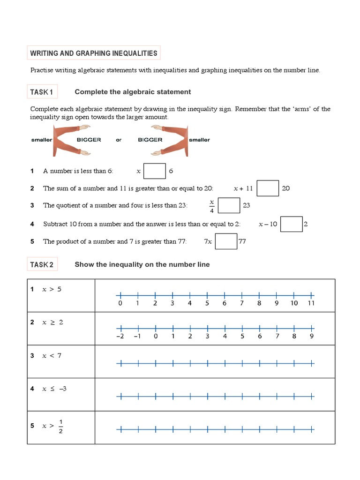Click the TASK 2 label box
coord(42,265)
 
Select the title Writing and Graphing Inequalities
coord(94,53)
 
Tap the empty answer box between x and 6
coord(155,171)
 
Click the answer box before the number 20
coord(268,188)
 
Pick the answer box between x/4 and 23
coord(229,205)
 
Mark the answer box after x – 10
coord(292,224)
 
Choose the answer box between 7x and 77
coord(226,241)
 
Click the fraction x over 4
coord(211,206)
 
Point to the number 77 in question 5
coord(242,241)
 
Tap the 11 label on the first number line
coord(311,303)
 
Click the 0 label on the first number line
coord(120,303)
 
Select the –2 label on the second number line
coord(121,336)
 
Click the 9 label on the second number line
coord(312,336)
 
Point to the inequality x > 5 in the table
coord(52,289)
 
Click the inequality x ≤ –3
coord(54,389)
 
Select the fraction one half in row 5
coord(60,426)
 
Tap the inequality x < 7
coord(52,356)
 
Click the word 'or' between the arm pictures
coord(119,140)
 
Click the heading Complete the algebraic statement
coord(133,92)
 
